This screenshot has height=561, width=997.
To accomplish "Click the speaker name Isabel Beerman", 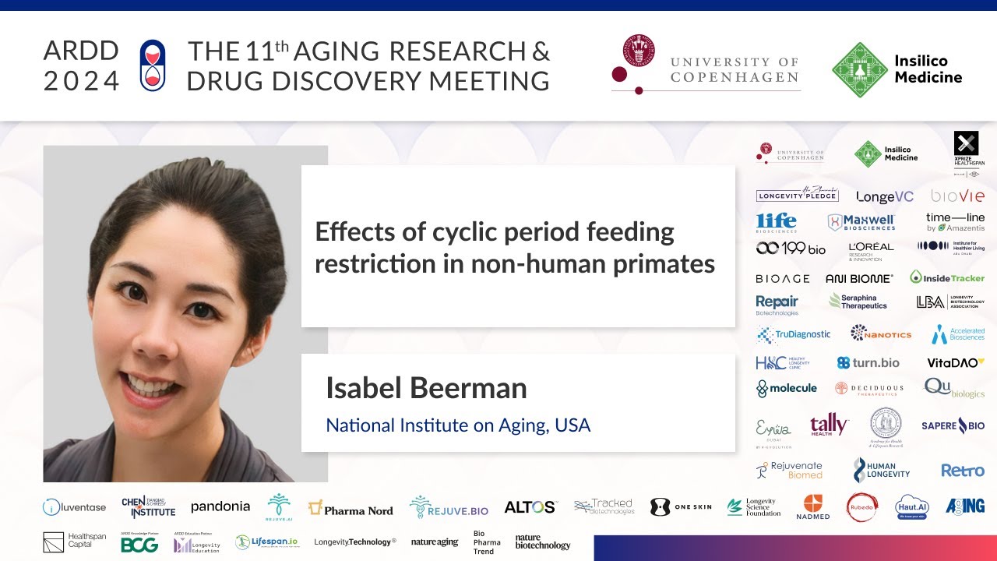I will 426,388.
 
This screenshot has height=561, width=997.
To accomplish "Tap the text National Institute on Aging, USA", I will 458,425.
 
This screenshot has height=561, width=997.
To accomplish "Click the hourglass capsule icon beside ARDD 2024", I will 153,65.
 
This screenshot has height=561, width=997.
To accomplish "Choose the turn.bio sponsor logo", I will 868,362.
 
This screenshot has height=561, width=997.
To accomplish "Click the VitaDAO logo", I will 955,362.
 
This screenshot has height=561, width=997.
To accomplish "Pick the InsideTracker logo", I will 947,277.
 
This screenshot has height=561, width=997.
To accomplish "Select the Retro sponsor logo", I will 962,471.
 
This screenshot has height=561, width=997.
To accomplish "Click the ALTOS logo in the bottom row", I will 530,507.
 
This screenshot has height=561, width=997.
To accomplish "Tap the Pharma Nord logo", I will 351,510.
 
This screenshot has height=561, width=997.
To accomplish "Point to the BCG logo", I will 139,545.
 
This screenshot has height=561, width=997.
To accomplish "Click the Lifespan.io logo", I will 266,542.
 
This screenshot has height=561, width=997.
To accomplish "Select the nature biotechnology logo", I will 542,542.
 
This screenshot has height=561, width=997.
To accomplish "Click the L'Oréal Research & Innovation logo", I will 870,249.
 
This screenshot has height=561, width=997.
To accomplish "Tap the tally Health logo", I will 828,425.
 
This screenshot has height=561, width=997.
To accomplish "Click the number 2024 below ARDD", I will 82,81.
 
